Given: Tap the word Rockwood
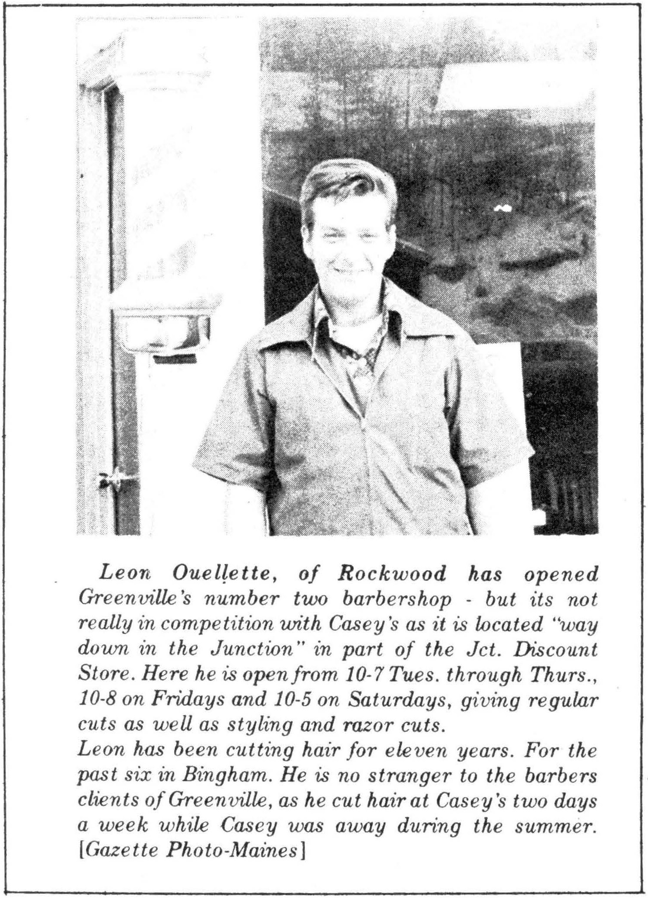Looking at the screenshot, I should [392, 574].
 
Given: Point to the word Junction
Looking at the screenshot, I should [248, 649].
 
